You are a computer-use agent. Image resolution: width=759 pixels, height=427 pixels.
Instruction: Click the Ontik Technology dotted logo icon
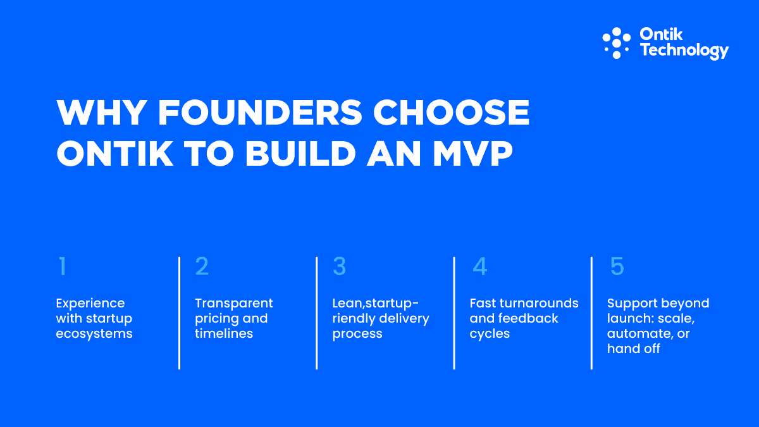click(x=616, y=43)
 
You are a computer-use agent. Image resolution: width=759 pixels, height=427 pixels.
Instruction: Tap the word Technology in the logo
click(x=684, y=51)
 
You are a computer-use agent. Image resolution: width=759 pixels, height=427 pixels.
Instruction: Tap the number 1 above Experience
click(x=62, y=267)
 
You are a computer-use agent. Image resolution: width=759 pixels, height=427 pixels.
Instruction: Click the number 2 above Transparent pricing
click(x=202, y=267)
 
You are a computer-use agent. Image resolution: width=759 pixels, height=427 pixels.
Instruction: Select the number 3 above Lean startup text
click(x=340, y=267)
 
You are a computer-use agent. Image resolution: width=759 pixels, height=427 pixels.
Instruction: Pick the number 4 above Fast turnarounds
click(x=480, y=267)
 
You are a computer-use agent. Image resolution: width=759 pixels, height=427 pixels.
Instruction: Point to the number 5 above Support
click(x=617, y=267)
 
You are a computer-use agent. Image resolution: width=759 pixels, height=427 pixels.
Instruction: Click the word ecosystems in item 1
click(x=94, y=334)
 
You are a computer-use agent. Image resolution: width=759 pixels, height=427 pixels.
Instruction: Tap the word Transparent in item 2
click(x=234, y=304)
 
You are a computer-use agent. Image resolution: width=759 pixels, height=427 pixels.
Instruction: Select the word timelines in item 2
click(x=224, y=334)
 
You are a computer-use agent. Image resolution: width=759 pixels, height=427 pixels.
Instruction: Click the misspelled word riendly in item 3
click(x=354, y=319)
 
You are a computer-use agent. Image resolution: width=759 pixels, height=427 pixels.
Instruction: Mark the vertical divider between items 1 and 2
click(x=180, y=313)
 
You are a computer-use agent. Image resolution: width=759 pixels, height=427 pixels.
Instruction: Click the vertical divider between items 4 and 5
click(x=591, y=313)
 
